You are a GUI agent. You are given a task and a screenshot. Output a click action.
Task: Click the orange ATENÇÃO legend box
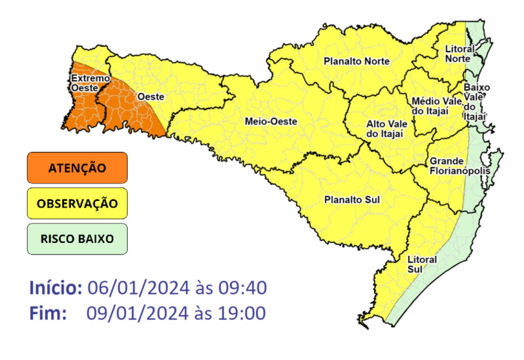77,168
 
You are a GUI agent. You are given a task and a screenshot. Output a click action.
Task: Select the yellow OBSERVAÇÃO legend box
77,204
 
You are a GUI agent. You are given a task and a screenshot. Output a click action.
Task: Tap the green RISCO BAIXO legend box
77,239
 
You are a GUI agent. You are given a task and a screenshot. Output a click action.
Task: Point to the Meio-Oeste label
271,122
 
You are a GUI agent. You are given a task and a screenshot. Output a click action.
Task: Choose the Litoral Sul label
422,264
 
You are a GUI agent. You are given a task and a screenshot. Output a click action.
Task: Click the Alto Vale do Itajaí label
384,128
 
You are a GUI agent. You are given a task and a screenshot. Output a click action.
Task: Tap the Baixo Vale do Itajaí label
475,101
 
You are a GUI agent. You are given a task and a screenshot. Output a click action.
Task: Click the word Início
56,288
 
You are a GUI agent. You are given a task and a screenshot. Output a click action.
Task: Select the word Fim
48,314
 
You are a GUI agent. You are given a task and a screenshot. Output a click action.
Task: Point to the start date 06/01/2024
138,288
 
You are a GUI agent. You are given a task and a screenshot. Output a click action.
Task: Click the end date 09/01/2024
138,314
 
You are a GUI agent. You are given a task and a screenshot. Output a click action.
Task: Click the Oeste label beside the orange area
151,96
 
